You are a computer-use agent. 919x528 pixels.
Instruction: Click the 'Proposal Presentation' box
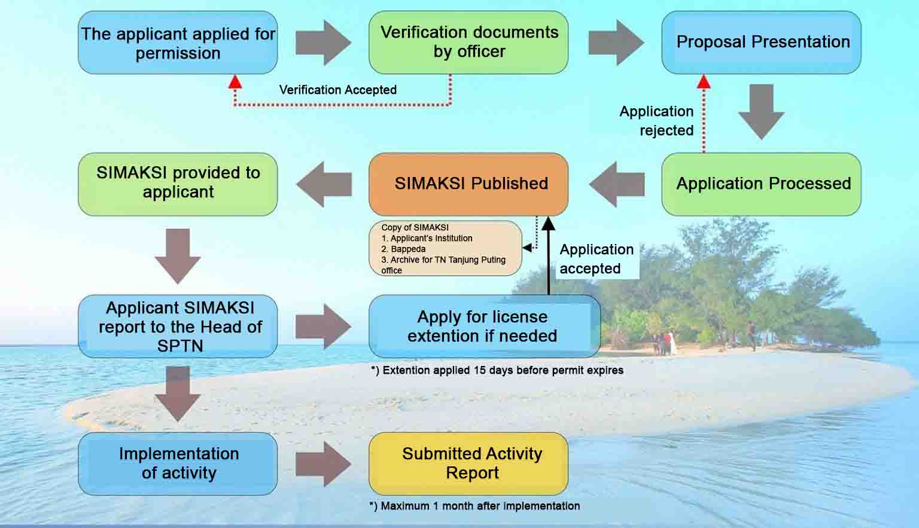761,42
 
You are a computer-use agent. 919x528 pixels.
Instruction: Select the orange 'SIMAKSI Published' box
468,184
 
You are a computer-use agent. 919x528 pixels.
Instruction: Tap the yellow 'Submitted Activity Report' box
468,463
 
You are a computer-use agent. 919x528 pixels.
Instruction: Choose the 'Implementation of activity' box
178,463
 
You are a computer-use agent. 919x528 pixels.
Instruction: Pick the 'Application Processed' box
761,184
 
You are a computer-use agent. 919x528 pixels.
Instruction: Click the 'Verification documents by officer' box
468,42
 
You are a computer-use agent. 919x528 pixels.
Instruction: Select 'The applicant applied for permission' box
178,42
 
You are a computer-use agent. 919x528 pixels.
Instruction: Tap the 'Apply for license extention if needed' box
483,326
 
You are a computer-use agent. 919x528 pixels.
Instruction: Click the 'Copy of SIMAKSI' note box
445,248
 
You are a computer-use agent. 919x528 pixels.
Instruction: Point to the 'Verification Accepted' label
337,90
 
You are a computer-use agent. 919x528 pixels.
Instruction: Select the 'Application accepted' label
596,259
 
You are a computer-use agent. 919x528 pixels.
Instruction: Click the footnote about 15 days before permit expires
497,370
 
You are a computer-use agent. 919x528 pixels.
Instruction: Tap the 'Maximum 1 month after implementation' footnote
474,506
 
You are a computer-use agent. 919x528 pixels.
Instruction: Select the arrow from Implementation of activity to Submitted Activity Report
324,464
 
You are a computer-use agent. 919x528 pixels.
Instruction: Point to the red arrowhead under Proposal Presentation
704,81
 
